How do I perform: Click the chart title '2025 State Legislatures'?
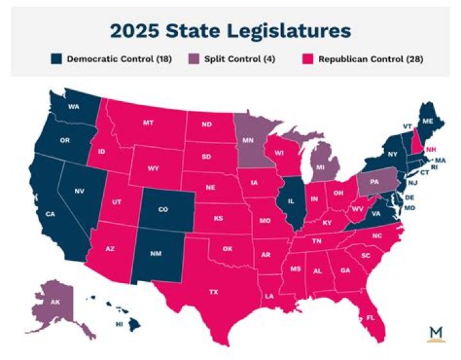[230, 30]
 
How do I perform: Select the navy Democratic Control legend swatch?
[56, 59]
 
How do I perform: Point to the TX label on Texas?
[213, 291]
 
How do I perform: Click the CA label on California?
[49, 213]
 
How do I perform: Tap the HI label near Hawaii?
[118, 325]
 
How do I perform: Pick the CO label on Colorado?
[163, 209]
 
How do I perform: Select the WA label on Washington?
[74, 106]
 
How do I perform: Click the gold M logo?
[435, 334]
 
